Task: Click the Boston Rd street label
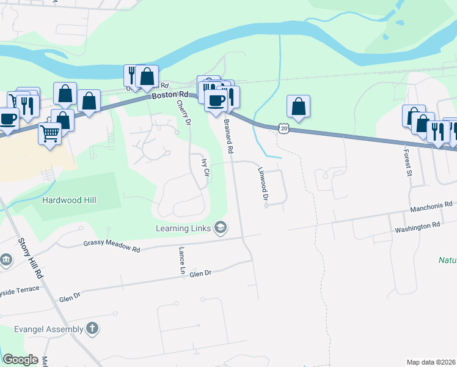click(170, 95)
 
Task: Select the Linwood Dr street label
click(263, 183)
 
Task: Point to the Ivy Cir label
click(206, 167)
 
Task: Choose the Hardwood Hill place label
click(69, 200)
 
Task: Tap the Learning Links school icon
click(221, 229)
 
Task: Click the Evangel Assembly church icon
click(92, 328)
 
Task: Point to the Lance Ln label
click(181, 259)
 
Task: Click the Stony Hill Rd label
click(31, 258)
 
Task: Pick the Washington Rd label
click(417, 225)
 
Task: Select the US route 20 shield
click(282, 128)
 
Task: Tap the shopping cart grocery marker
click(49, 133)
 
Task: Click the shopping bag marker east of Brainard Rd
click(298, 106)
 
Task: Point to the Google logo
click(20, 360)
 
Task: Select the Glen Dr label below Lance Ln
click(200, 273)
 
